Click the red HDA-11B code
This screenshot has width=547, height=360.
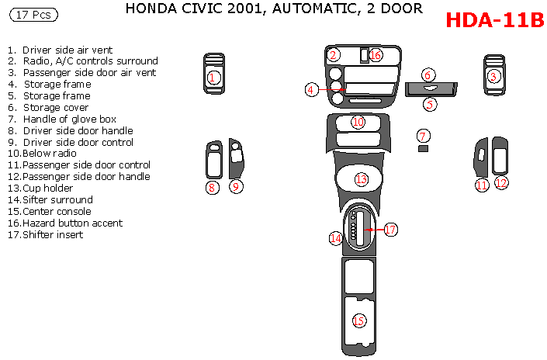click(x=494, y=20)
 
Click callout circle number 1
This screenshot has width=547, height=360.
click(x=213, y=77)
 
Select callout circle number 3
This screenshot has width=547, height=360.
click(x=493, y=76)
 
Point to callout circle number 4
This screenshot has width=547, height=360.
click(x=311, y=90)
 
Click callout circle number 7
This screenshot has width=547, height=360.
click(x=423, y=135)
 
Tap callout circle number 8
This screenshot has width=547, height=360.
click(x=212, y=187)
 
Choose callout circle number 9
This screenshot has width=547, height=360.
click(x=236, y=186)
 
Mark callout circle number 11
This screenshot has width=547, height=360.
click(x=482, y=185)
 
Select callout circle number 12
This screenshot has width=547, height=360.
click(x=501, y=183)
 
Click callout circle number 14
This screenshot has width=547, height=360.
click(x=335, y=238)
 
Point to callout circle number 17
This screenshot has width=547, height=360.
click(x=390, y=230)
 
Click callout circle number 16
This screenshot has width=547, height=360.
click(x=376, y=55)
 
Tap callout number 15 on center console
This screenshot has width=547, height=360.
click(x=358, y=321)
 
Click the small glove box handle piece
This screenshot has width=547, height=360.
click(x=423, y=148)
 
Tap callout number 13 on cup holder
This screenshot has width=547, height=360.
click(x=361, y=179)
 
